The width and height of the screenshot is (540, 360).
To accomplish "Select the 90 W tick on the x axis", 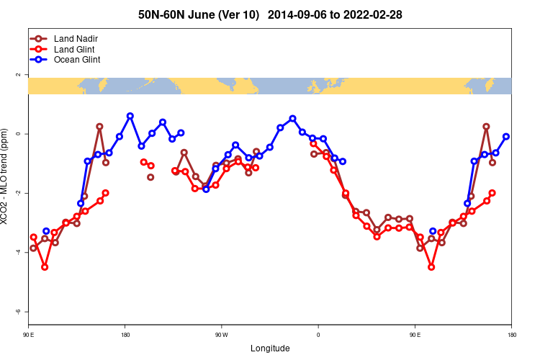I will (x=221, y=334).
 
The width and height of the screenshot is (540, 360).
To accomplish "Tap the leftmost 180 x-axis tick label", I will (x=125, y=334).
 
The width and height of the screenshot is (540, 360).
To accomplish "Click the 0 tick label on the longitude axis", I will (x=318, y=334).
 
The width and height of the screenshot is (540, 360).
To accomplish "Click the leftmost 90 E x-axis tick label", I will (x=29, y=334).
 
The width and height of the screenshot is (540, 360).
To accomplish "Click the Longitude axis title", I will (x=270, y=348).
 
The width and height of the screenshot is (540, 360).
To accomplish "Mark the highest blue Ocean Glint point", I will (x=130, y=116).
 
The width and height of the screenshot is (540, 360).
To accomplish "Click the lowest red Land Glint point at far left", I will (x=45, y=267).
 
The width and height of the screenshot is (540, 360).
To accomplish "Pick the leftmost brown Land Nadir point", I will (x=33, y=248).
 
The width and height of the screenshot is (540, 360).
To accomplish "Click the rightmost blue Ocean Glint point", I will (x=506, y=136).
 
